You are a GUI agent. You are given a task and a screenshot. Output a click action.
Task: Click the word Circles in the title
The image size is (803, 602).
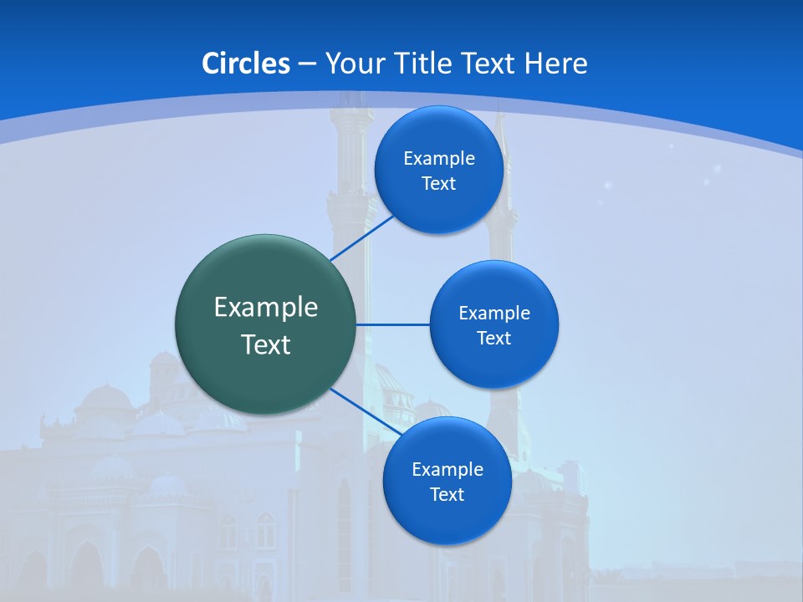point(245,64)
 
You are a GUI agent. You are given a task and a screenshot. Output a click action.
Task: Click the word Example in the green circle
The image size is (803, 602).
point(266,308)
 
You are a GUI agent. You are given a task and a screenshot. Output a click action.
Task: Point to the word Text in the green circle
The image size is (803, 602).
point(266,344)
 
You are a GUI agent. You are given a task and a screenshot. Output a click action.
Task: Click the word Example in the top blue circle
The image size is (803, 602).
point(439,159)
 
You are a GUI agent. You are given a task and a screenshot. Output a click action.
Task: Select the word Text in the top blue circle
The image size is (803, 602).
point(438,184)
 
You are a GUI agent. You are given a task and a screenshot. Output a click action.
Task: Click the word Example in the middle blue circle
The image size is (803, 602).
point(494,314)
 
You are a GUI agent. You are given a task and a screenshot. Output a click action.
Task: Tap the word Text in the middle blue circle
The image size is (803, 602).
point(494,339)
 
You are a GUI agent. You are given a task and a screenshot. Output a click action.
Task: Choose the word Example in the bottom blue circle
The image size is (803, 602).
point(448,470)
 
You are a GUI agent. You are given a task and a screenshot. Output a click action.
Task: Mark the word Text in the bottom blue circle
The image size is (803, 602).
point(447,495)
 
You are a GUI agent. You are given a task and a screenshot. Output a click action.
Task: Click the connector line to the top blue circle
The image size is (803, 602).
point(361,238)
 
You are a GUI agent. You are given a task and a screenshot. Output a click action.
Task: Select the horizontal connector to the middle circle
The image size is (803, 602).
point(393,324)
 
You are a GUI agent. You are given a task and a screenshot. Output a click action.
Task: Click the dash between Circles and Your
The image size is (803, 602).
point(307,64)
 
